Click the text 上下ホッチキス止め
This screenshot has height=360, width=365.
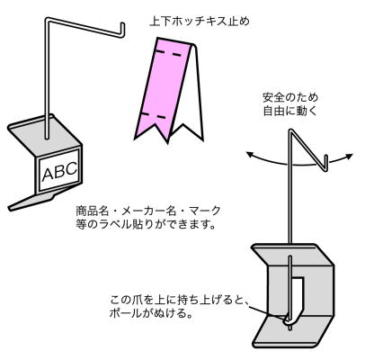coord(200,22)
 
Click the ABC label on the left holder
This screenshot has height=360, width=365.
coord(59,171)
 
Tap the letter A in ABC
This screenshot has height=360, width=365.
coord(48,175)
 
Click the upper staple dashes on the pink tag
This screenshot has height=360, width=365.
coord(169,53)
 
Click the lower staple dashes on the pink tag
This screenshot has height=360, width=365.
coord(153,115)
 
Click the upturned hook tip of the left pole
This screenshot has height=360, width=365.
coord(122,29)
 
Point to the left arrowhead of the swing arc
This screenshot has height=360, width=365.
coord(250,155)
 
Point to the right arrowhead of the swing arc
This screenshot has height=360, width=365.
coord(349,156)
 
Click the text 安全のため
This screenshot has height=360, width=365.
coord(290,98)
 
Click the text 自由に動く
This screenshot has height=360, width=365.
coord(290,111)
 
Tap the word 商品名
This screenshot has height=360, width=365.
coord(92,211)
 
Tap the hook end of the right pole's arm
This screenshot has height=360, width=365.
coord(326,163)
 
